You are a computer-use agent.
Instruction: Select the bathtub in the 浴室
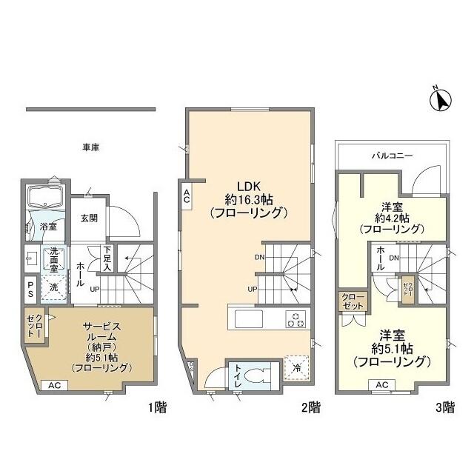pos(44,198)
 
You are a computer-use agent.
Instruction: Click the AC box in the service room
pos(54,385)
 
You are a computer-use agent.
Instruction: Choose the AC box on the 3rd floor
pos(381,385)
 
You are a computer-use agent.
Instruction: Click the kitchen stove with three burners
pos(296,320)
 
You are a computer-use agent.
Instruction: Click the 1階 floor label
pos(144,407)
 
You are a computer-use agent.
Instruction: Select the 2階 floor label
pos(310,407)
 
